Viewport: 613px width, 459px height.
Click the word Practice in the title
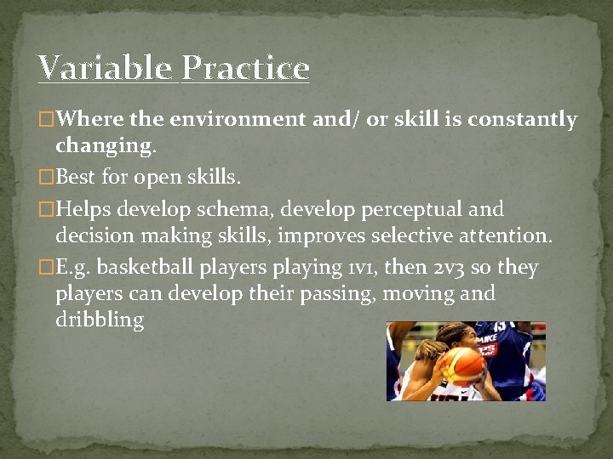[x=245, y=68]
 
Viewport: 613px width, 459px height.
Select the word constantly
[x=521, y=120]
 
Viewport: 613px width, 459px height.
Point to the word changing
[x=106, y=145]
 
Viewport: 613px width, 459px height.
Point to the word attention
[x=507, y=235]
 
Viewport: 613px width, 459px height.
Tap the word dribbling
[x=100, y=320]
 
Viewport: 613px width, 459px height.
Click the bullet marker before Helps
[x=48, y=209]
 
